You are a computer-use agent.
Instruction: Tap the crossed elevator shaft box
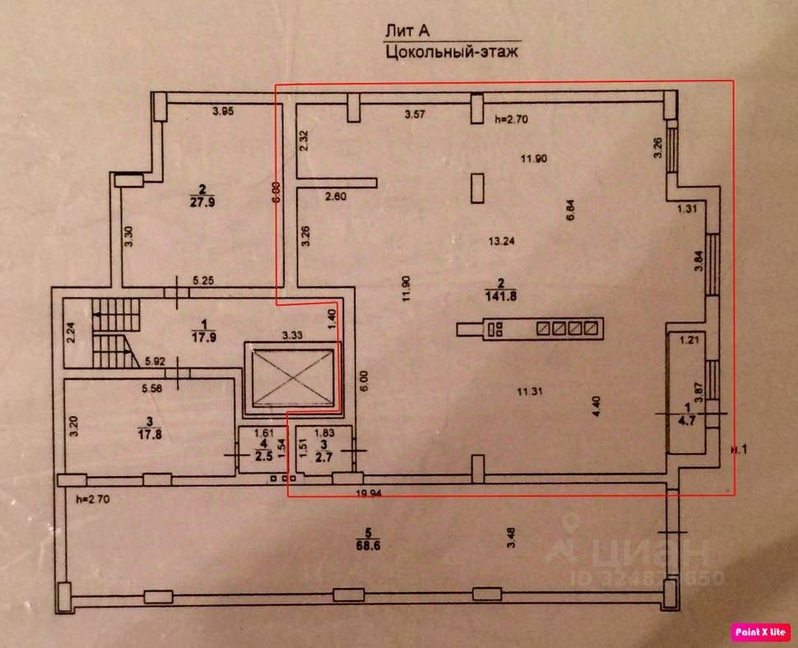[x=293, y=377]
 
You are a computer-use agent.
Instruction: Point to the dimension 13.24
[x=500, y=241]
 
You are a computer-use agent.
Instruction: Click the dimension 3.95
[x=224, y=111]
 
